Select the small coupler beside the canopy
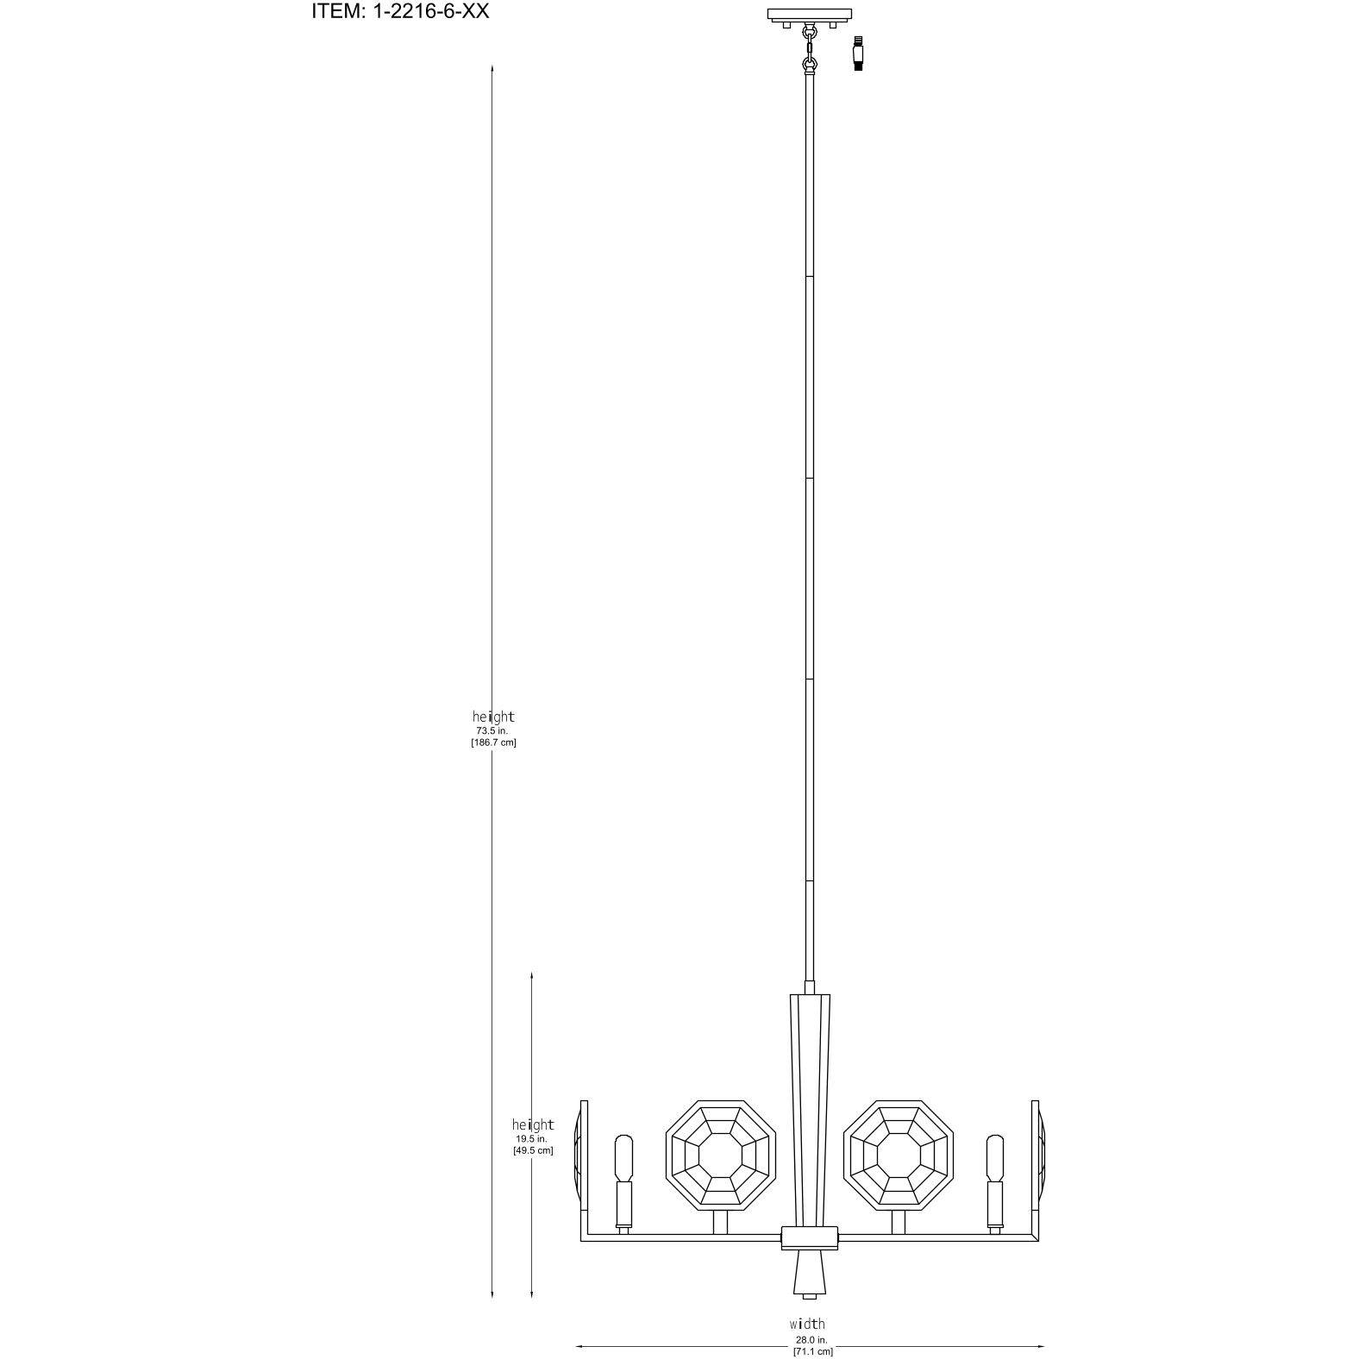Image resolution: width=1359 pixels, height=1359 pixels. (858, 53)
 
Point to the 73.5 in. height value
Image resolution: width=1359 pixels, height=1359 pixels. (492, 730)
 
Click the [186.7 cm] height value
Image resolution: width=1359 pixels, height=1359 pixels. (493, 742)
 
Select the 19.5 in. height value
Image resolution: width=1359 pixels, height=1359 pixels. (532, 1138)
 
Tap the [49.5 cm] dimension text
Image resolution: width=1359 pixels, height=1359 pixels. (533, 1150)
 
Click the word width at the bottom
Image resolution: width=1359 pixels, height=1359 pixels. (807, 1324)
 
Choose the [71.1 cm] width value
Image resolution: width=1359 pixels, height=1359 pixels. (812, 1352)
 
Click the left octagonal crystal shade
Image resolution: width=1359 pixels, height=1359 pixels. (722, 1155)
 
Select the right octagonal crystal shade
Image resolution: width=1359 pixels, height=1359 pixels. (898, 1155)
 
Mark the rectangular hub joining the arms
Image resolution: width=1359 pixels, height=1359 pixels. (809, 1237)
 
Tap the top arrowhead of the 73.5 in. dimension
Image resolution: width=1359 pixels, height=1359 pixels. (492, 67)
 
